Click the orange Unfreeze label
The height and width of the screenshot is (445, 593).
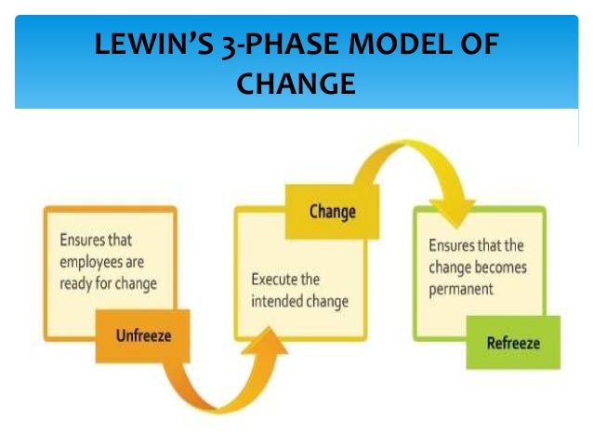143,335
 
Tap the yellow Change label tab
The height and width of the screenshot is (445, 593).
332,212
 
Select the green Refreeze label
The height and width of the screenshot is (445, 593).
512,343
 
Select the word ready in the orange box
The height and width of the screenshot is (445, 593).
75,283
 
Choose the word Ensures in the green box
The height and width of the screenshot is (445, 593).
452,246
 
